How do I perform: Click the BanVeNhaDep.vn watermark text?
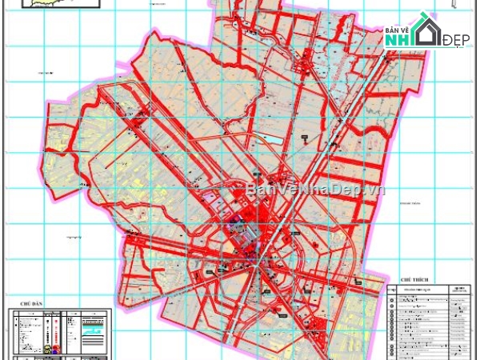tap(315, 189)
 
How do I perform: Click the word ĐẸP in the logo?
tap(456, 40)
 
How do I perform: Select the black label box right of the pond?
tap(305, 139)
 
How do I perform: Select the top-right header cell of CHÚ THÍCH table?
tap(460, 290)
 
